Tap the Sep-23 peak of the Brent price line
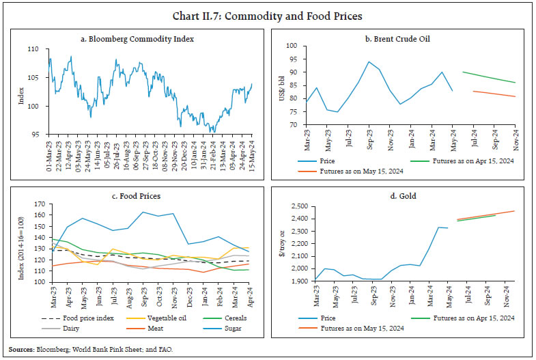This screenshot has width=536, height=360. [x=369, y=61]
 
